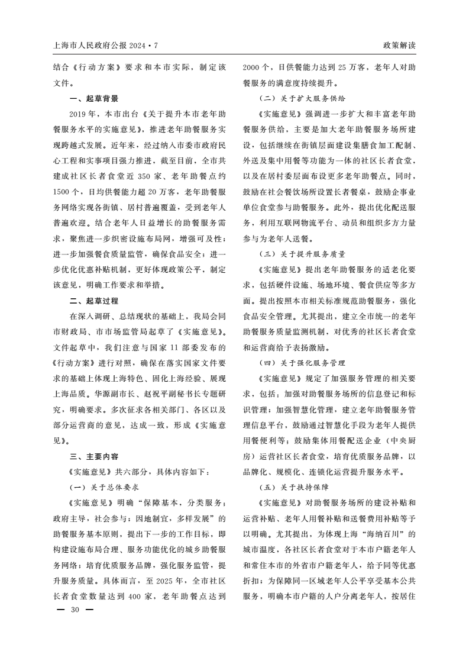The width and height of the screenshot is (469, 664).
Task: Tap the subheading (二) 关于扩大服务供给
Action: point(303,99)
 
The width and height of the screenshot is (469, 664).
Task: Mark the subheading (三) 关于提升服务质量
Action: point(303,254)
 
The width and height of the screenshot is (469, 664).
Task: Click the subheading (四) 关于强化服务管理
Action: point(303,362)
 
